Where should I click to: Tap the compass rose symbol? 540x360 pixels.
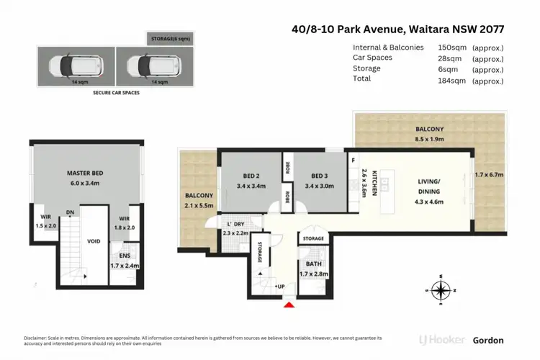(441, 290)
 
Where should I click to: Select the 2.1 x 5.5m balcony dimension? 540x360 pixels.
(199, 204)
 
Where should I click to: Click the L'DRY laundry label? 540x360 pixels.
(234, 224)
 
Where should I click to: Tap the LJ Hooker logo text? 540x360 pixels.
(441, 340)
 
